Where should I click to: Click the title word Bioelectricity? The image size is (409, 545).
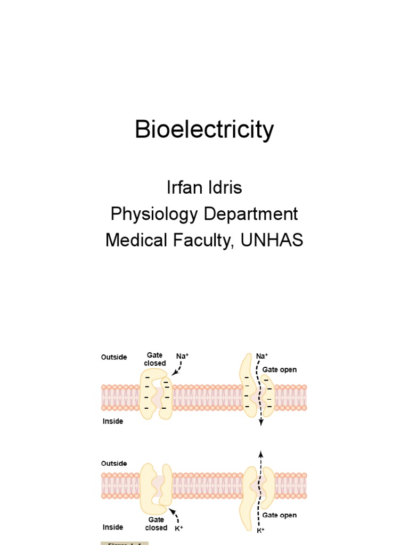coord(204,130)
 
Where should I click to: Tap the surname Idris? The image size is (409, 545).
coord(227,188)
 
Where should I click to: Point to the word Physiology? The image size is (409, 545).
coord(154,214)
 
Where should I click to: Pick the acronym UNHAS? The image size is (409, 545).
coord(272,240)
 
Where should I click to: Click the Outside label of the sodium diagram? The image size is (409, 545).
coord(114,357)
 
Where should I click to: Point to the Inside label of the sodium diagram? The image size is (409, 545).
coord(112,421)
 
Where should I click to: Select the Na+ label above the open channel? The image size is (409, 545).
coord(262,356)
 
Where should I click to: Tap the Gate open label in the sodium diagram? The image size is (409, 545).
coord(280,369)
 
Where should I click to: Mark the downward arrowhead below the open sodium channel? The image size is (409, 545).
coord(261,424)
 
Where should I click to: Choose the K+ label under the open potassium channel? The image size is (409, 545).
coord(261,531)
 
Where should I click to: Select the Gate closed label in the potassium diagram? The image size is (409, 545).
coord(156,524)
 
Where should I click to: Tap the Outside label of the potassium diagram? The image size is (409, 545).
coord(114,464)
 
